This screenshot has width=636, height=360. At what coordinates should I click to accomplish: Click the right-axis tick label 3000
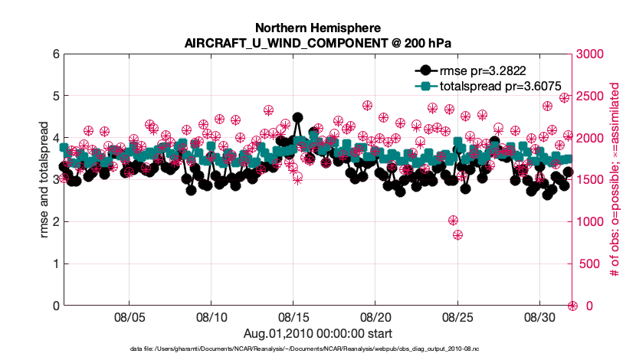point(591,54)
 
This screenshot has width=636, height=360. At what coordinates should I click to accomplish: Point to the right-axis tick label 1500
point(591,180)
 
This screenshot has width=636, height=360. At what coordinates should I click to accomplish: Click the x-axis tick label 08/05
point(129,317)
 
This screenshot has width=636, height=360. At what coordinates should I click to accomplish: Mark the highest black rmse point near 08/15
point(297,118)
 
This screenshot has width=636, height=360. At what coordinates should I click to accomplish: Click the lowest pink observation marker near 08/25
point(457,235)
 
